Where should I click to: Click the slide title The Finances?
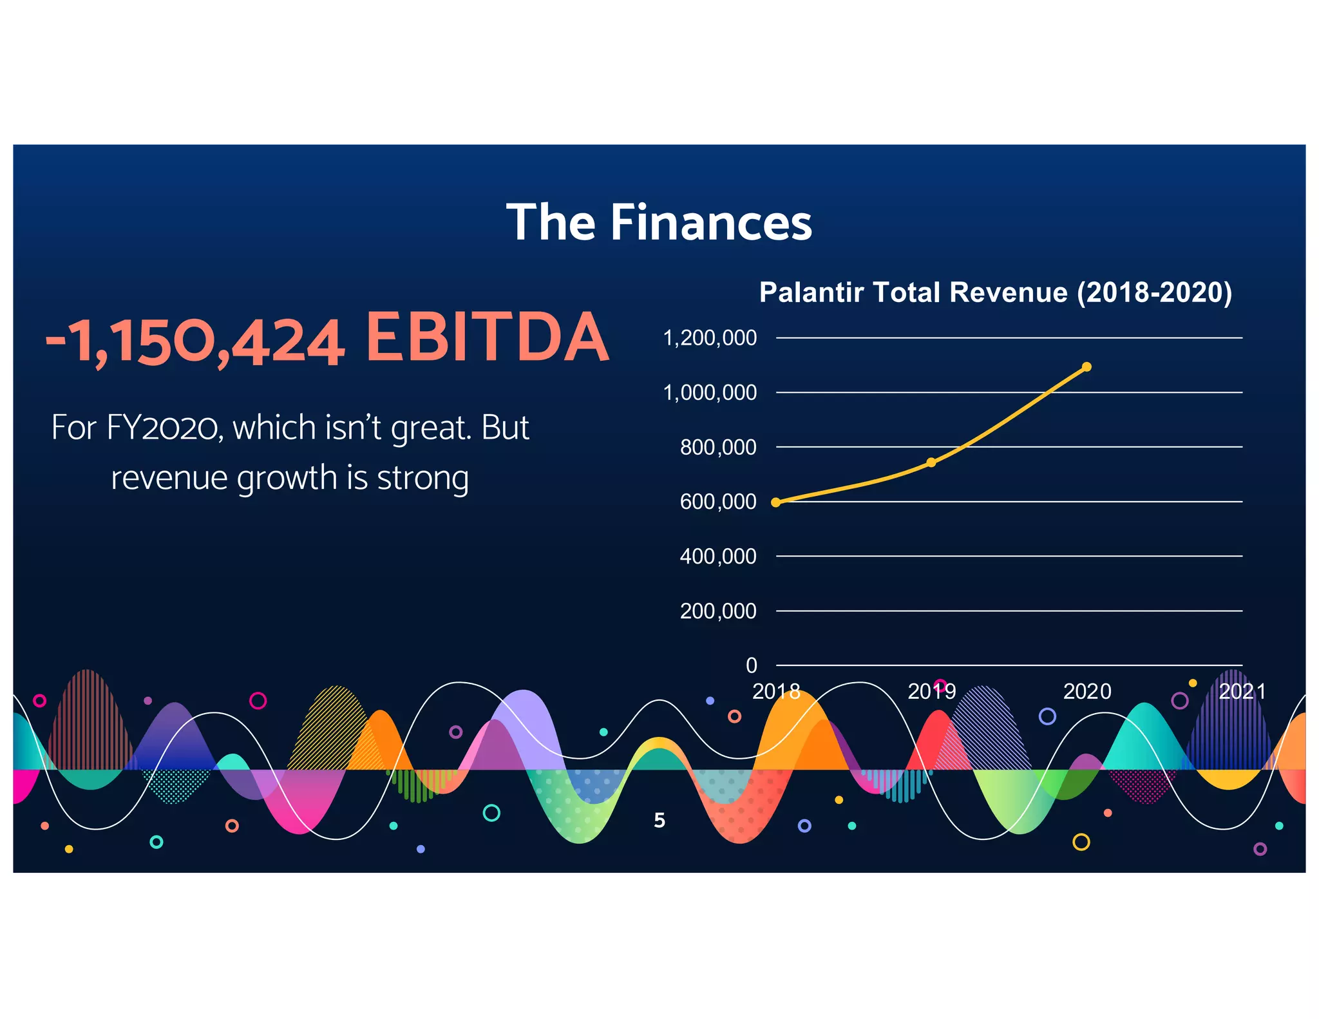point(659,222)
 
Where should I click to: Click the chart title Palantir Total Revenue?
point(995,292)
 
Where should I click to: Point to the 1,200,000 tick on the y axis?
point(710,338)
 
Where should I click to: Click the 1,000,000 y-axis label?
point(710,392)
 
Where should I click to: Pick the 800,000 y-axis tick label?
point(718,447)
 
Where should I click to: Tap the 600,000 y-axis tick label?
point(718,502)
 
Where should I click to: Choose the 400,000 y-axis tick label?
point(718,557)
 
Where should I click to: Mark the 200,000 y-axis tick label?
point(718,611)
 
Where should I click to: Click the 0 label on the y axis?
point(751,665)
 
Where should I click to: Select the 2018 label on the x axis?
point(776,692)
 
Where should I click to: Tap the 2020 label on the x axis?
point(1087,692)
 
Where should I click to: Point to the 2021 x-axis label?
point(1242,692)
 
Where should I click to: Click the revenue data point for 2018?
point(776,502)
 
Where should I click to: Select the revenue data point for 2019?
point(931,462)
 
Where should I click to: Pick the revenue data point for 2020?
point(1087,367)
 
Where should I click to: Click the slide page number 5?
point(659,821)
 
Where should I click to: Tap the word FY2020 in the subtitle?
point(164,428)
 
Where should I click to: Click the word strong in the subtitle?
point(422,479)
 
